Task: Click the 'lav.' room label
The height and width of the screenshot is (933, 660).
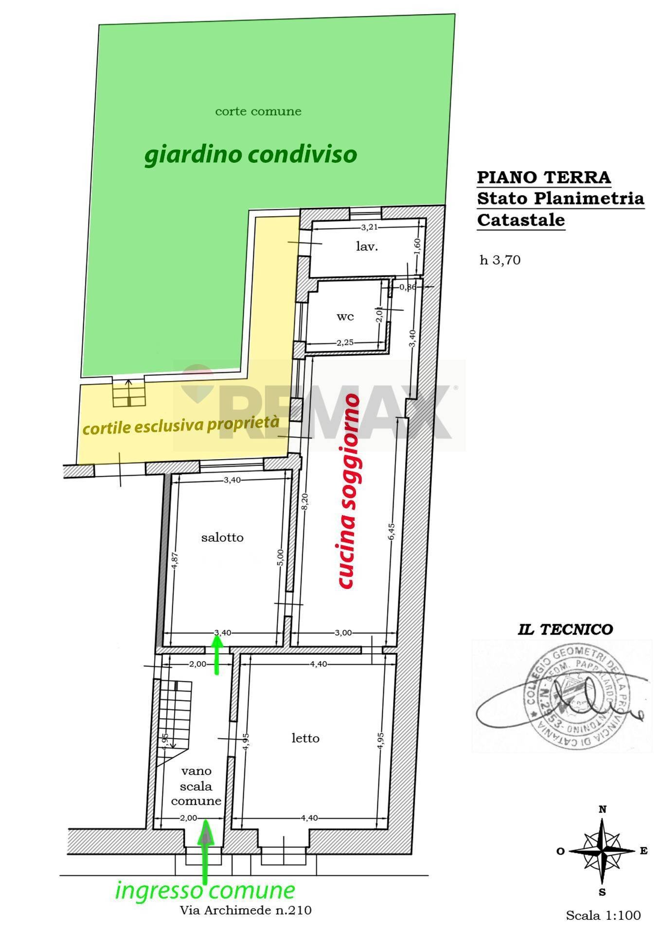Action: pos(367,246)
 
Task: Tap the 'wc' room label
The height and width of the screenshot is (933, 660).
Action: pos(345,316)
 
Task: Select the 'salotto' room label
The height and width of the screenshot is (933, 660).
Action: pos(222,537)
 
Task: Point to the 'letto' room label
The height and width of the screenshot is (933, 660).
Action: pos(305,738)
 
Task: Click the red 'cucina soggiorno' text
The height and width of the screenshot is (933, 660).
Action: pos(349,491)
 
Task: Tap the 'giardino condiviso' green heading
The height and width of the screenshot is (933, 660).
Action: pos(250,155)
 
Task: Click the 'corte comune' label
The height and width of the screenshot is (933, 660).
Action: pos(258,111)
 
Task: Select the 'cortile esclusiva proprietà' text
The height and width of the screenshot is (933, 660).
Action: pos(181,425)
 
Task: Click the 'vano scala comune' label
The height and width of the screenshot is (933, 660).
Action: pos(196,786)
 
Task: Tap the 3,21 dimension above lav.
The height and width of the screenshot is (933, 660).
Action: pos(370,227)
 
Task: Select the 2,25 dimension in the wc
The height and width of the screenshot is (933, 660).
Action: pos(345,343)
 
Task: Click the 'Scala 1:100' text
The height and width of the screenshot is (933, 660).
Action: pos(603,916)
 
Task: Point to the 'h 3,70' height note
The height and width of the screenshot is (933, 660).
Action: pos(500,260)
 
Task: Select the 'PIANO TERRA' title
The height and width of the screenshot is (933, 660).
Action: pos(543,177)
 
